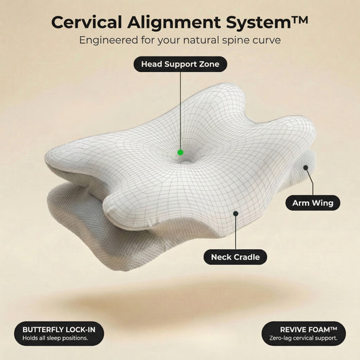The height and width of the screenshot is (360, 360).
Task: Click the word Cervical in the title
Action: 87,22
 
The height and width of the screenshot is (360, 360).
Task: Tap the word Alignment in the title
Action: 174,22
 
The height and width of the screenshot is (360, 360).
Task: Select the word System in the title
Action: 259,23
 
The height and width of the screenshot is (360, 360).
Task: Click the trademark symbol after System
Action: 300,20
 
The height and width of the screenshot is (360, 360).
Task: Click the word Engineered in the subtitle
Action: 109,40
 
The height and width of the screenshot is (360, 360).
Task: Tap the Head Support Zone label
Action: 180,64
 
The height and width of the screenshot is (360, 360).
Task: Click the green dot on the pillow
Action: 181,152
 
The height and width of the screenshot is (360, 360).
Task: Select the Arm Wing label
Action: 312,203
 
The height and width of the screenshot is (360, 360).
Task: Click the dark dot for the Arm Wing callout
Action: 306,168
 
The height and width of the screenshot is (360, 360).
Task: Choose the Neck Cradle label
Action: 235,257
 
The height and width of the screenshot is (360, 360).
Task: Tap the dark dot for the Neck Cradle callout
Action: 236,213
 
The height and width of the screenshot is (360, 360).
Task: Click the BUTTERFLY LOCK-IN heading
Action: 59,329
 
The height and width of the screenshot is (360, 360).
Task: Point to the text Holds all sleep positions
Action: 55,338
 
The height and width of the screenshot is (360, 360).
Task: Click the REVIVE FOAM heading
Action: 308,329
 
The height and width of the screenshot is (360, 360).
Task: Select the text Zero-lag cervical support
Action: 304,338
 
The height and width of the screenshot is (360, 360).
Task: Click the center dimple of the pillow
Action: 185,162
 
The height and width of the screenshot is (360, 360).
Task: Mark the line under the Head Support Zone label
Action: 181,111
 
